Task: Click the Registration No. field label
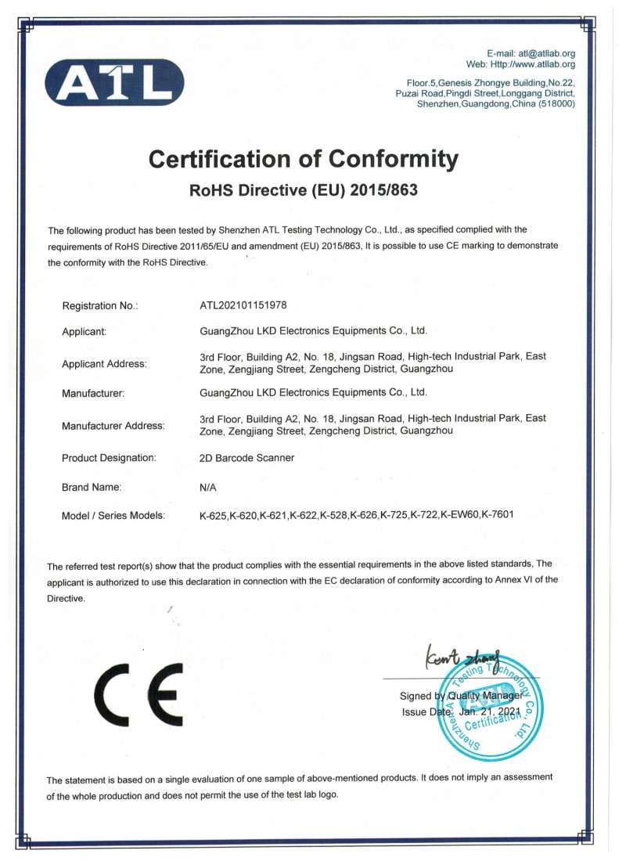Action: coord(100,305)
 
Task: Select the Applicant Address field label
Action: coord(104,363)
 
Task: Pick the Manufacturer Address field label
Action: coord(113,426)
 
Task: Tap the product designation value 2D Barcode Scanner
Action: coord(247,458)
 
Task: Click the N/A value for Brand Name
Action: coord(208,487)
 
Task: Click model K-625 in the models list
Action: coord(214,515)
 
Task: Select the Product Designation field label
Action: coord(110,458)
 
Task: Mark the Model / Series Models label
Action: coord(113,515)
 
